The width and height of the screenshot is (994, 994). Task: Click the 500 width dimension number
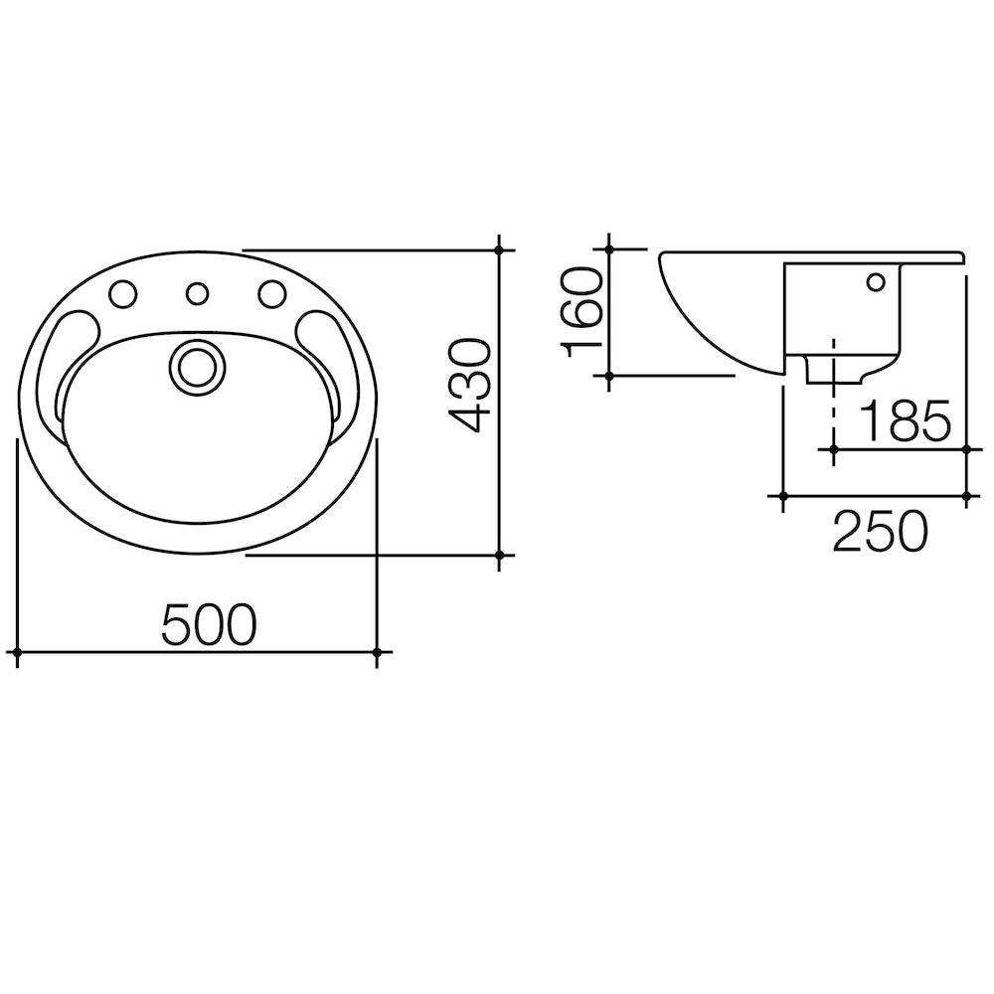tap(209, 623)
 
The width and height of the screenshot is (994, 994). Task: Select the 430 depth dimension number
tap(466, 385)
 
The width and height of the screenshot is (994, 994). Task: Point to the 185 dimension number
tap(904, 421)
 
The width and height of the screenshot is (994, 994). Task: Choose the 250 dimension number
tap(880, 532)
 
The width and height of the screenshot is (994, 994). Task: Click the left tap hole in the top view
tap(124, 294)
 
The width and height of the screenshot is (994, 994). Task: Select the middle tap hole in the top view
tap(198, 294)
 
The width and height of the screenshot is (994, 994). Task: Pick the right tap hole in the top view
tap(270, 294)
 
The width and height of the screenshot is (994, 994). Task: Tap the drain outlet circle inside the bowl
tap(195, 365)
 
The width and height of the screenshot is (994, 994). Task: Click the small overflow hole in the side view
tap(876, 282)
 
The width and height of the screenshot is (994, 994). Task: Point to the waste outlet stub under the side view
tap(831, 370)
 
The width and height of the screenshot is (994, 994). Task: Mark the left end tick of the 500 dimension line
tap(19, 652)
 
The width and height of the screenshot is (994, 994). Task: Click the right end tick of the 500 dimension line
tap(377, 652)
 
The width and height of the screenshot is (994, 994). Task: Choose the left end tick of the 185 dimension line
tap(831, 450)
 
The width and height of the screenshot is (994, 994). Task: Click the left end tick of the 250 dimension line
tap(783, 495)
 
